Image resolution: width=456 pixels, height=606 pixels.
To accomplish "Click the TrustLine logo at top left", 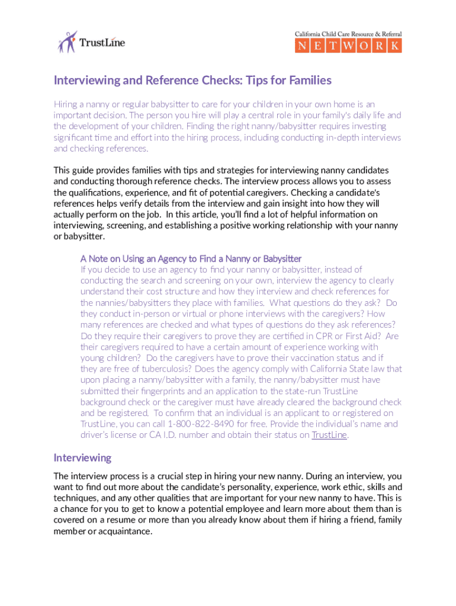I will tap(91, 42).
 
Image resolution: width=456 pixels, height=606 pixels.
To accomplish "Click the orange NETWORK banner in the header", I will tap(348, 46).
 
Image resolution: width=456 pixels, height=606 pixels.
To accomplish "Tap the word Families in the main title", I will tap(306, 80).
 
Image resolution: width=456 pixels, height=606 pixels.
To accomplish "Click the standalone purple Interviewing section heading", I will tap(82, 457).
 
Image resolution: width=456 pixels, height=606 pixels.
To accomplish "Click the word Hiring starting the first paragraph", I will tap(67, 104).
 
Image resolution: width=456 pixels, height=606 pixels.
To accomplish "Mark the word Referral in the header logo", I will tap(386, 34).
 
